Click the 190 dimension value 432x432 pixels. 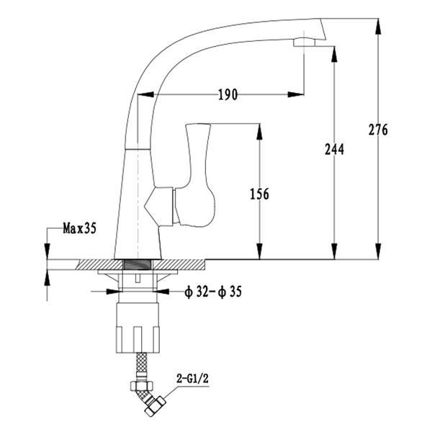[228, 94]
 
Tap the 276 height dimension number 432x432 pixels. [378, 130]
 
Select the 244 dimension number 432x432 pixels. [335, 150]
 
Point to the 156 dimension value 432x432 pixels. [259, 194]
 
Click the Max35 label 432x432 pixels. [80, 228]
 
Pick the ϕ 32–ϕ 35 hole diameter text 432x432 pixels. [213, 292]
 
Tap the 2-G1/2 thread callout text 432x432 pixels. [192, 379]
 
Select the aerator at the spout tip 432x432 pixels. [304, 42]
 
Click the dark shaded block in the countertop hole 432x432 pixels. [138, 264]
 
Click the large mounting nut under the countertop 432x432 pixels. [138, 328]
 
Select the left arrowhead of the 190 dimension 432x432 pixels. [145, 94]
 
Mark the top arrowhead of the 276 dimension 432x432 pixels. [379, 27]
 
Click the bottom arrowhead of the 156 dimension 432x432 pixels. [259, 251]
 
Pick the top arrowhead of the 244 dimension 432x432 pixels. [335, 54]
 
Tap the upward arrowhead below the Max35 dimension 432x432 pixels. [47, 277]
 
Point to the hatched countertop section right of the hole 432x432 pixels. [179, 264]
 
